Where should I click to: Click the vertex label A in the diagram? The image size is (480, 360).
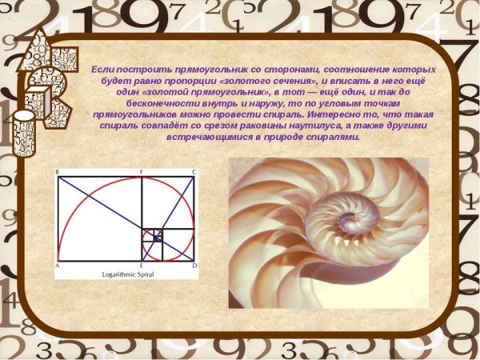pos(58,265)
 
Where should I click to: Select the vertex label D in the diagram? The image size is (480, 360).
pos(194,265)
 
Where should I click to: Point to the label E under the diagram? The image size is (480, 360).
pos(142,265)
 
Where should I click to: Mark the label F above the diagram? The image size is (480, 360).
pos(142,172)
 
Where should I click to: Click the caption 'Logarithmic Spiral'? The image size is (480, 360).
pos(127,274)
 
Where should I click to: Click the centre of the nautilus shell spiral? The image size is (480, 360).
pos(336,210)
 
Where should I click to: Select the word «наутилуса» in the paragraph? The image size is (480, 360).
pos(316,126)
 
